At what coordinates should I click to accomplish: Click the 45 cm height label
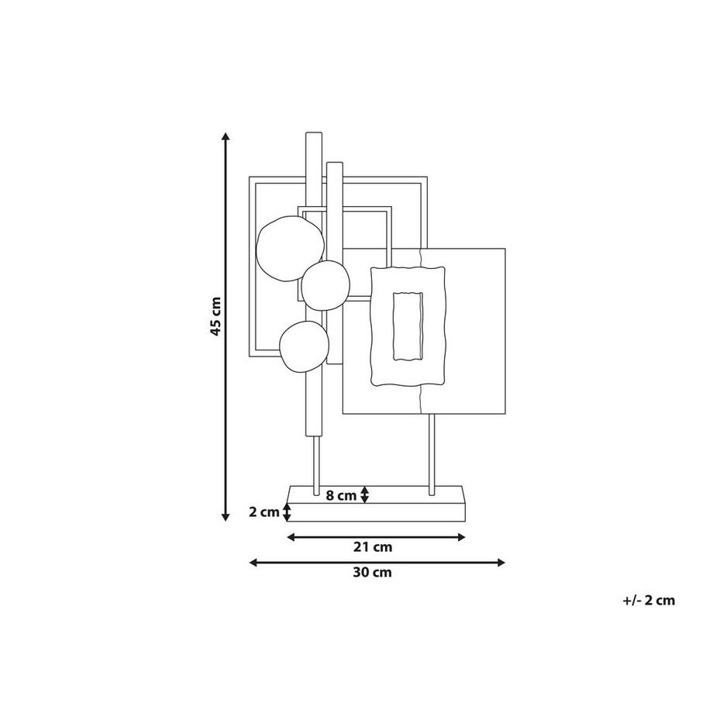click(215, 316)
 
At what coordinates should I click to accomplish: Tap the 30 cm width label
click(373, 572)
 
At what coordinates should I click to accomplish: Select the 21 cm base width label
click(373, 547)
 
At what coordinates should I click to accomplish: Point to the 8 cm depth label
click(341, 495)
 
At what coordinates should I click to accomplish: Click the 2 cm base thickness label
click(264, 512)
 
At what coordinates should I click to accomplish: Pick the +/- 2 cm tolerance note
click(649, 600)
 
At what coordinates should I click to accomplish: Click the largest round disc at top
click(290, 248)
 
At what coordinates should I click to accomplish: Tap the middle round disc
click(325, 285)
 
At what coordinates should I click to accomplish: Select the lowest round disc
click(304, 346)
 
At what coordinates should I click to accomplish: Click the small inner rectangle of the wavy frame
click(408, 326)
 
